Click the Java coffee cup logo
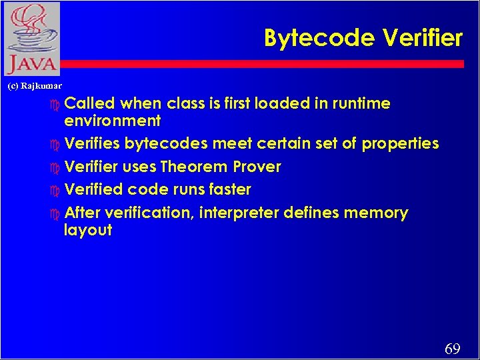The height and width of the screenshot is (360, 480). pos(31,39)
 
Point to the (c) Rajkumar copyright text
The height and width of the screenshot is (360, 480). pos(34,85)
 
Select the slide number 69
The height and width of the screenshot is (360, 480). pos(452,349)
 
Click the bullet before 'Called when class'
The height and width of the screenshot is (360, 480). pos(55,105)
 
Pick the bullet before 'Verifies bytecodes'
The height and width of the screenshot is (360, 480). pos(55,145)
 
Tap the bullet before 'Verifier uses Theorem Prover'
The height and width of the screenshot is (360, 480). pos(55,167)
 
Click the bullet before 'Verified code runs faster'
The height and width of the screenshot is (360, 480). pos(55,190)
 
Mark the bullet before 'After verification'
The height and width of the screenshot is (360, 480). pos(55,214)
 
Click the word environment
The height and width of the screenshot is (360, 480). pos(112,121)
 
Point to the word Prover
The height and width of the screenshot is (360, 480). pos(257,167)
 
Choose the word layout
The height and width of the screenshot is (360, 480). pos(88,231)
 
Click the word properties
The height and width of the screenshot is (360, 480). pos(400,144)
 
